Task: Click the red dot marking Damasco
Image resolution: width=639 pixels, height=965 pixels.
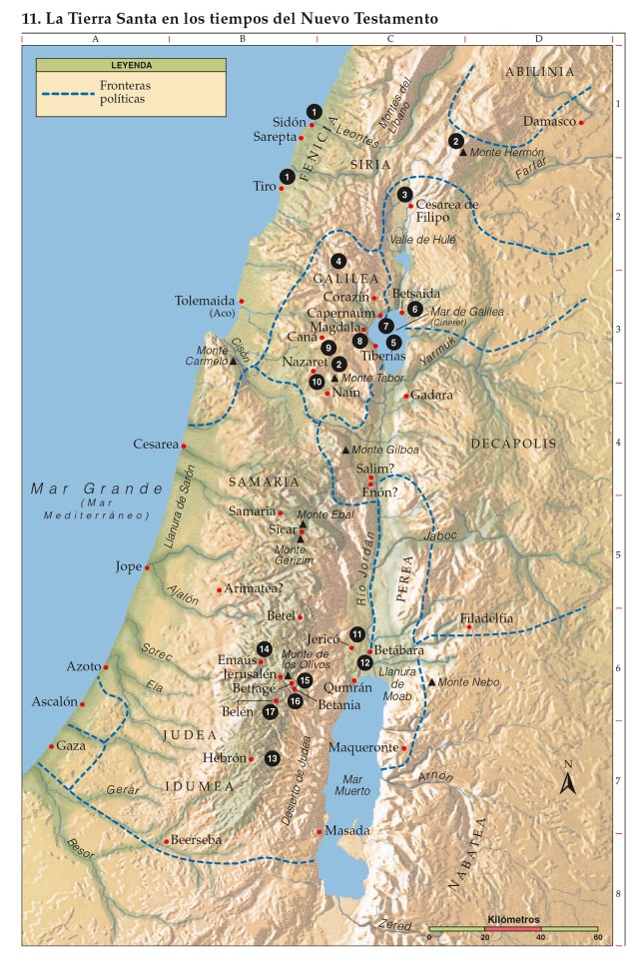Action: coord(582,123)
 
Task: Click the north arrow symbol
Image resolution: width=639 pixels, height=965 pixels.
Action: coord(567,780)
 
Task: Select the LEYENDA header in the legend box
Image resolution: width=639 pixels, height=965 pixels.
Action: coord(131,65)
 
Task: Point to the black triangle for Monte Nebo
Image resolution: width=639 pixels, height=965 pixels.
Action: coord(431,681)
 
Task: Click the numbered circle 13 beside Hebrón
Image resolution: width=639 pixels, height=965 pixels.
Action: coord(273,758)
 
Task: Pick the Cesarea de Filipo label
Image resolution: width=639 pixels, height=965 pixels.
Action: coord(446,211)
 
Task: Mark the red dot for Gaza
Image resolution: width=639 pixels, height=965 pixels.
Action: coord(52,746)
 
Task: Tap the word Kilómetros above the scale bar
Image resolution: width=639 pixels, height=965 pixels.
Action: coord(513,917)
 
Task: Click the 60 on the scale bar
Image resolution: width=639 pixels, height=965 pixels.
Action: coord(597,937)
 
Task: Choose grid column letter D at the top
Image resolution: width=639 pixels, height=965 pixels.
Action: coord(538,39)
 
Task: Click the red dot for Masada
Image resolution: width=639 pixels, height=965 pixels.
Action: coord(319,831)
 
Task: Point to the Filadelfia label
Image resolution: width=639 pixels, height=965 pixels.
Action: coord(487,618)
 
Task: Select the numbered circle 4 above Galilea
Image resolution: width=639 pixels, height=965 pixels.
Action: coord(339,261)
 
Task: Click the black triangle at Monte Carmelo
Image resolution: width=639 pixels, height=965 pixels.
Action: coord(234,361)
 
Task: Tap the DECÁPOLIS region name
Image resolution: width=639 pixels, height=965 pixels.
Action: coord(513,443)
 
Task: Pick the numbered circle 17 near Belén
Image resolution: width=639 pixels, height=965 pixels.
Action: coord(271,712)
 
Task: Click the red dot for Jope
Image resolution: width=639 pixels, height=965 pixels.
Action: coord(148,567)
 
